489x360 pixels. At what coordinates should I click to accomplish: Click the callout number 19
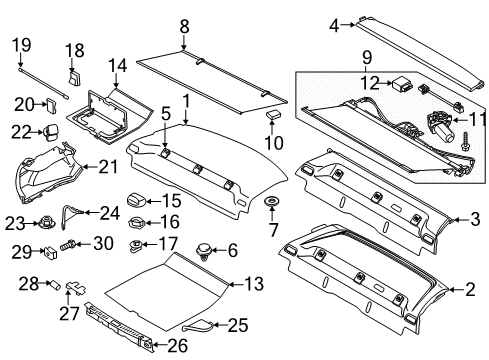tap(22, 45)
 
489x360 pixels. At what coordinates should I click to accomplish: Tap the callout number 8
tap(184, 27)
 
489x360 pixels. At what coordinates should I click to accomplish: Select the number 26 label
tap(177, 346)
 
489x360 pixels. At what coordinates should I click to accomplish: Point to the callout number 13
tap(254, 284)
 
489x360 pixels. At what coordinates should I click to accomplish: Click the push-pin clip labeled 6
tap(203, 250)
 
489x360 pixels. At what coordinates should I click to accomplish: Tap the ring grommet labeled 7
tap(272, 201)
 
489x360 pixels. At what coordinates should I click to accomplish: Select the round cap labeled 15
tap(136, 201)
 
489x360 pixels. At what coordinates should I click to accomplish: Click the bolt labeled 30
tap(68, 245)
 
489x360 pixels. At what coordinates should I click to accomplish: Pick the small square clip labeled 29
tap(50, 253)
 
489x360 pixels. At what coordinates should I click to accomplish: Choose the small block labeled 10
tap(273, 114)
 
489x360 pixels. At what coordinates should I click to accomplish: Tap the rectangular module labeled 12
tap(403, 84)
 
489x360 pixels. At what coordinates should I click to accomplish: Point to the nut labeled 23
tap(47, 222)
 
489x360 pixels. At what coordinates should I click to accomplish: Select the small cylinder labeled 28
tap(55, 285)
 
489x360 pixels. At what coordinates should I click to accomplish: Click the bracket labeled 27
tap(76, 287)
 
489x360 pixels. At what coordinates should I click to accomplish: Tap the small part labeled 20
tap(51, 106)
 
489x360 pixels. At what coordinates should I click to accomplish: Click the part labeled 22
tap(50, 131)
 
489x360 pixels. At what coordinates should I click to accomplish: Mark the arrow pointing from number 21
tap(91, 166)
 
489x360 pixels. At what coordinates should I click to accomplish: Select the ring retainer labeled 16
tap(136, 222)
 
